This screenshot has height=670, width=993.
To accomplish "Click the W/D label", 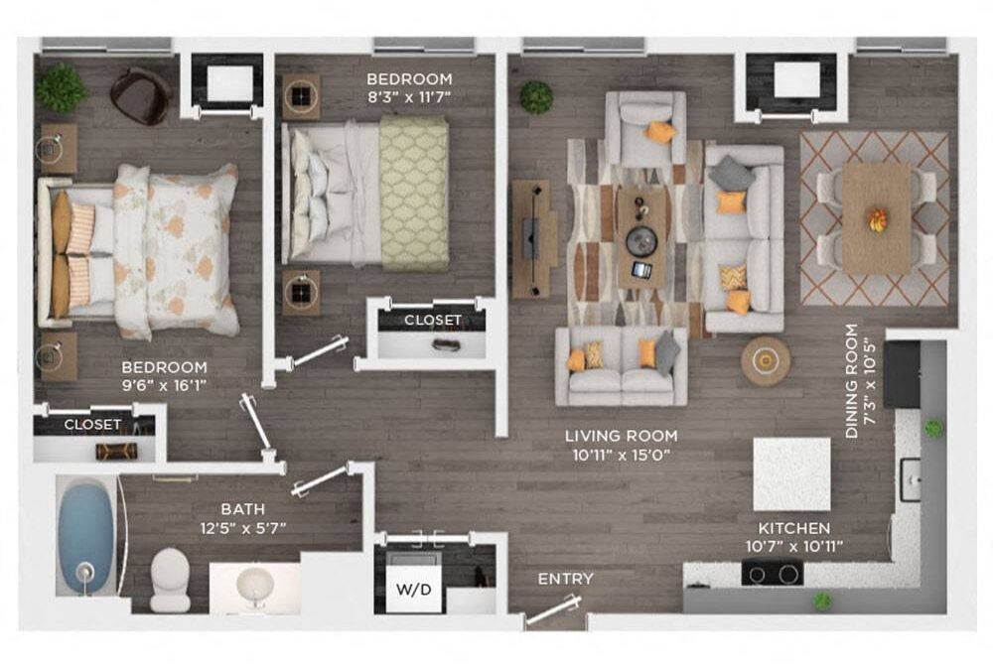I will point(414,590).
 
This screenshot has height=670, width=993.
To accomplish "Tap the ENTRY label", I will point(565,579).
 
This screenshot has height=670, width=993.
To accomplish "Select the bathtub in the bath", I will point(85,537).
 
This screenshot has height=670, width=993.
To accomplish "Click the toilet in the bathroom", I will point(170,579).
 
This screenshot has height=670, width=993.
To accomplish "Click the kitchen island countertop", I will point(791,473).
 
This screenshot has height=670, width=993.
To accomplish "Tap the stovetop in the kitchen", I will point(773,573).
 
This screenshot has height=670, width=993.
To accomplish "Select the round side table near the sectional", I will point(766,360).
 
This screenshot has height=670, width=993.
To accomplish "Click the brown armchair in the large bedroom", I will point(140,95).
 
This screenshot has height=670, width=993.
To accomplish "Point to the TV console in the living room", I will point(532,238).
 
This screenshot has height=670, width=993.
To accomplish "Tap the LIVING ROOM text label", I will point(621,436).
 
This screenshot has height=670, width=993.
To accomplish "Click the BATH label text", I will point(242,509).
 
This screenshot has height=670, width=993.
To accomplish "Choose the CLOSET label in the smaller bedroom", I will point(432,320).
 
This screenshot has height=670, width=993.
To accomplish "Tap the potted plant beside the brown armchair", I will point(62,88).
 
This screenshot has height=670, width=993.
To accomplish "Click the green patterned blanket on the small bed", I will point(413,194).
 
